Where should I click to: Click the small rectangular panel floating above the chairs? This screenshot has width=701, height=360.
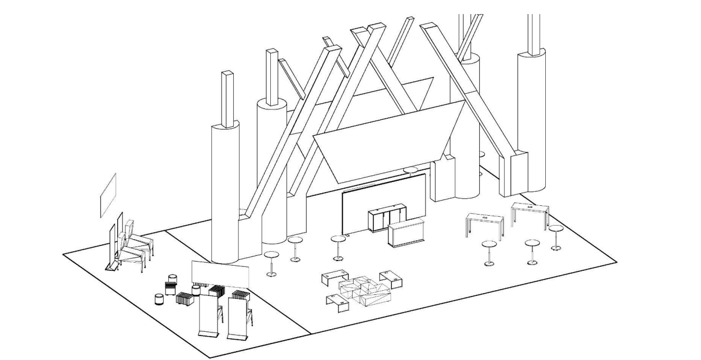tap(108, 195)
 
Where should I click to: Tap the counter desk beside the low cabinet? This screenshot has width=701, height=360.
tap(407, 234)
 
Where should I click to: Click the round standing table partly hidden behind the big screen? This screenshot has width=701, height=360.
tap(411, 170)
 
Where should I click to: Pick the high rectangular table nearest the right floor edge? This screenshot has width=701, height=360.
tap(530, 211)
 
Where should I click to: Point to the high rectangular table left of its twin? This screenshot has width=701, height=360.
tap(484, 221)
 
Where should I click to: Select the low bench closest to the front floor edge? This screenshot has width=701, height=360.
tap(337, 301)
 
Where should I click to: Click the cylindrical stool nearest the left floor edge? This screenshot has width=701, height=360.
tap(159, 299)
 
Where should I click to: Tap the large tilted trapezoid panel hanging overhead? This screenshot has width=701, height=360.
tap(388, 141)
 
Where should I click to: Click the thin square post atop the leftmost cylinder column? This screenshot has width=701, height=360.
tap(227, 99)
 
